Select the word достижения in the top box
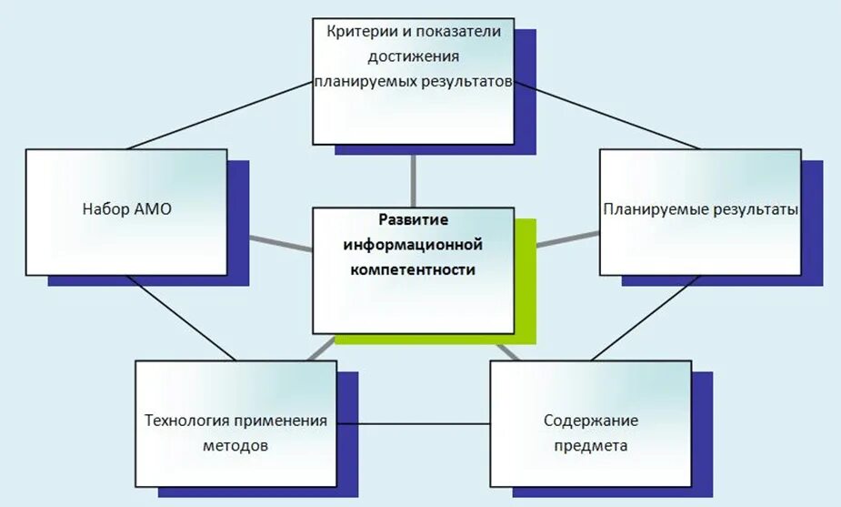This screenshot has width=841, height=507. [x=414, y=56]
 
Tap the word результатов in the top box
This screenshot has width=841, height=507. [x=468, y=81]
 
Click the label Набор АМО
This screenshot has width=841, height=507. [x=126, y=209]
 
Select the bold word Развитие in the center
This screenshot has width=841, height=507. [x=413, y=219]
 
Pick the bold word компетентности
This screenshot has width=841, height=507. [x=413, y=269]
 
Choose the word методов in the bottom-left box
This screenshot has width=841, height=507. [x=235, y=447]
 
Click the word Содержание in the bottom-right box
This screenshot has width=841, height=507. [x=591, y=421]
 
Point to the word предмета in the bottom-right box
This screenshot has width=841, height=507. [x=591, y=447]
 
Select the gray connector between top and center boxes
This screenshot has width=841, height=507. [x=414, y=176]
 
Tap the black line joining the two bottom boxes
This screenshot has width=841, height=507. [x=413, y=423]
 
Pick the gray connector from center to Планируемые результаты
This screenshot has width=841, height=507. [x=568, y=238]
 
